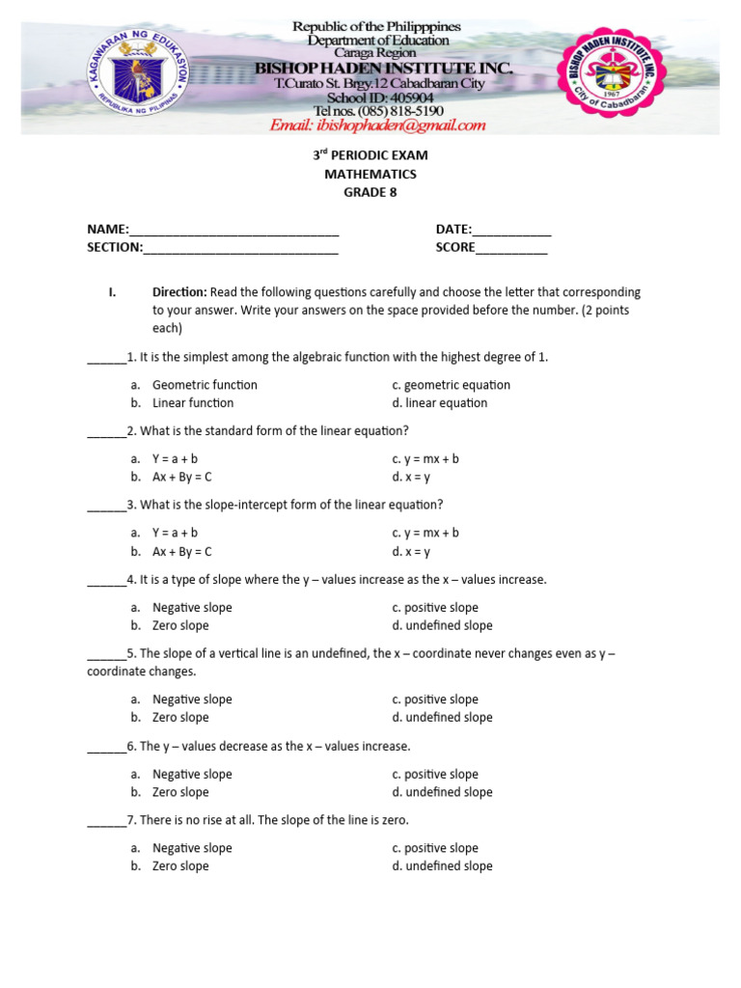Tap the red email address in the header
point(377,125)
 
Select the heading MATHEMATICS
point(370,174)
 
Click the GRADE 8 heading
point(370,192)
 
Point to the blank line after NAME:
point(233,231)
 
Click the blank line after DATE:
point(511,231)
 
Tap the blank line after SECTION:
point(240,249)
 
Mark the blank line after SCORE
point(511,249)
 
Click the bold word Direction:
point(179,291)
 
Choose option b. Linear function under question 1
point(192,402)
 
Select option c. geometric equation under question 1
point(451,384)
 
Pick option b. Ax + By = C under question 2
point(181,477)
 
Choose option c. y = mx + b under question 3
point(425,533)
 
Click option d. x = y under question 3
point(411,552)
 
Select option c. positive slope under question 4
point(435,607)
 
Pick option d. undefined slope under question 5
point(442,717)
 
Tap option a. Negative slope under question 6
point(191,774)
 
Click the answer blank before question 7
point(106,822)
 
